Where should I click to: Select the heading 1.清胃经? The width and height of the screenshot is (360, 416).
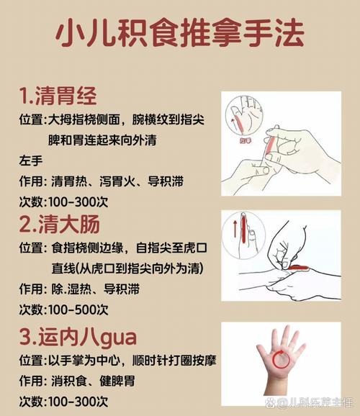pos(58,96)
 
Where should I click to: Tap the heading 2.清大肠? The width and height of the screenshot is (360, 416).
pos(58,225)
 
